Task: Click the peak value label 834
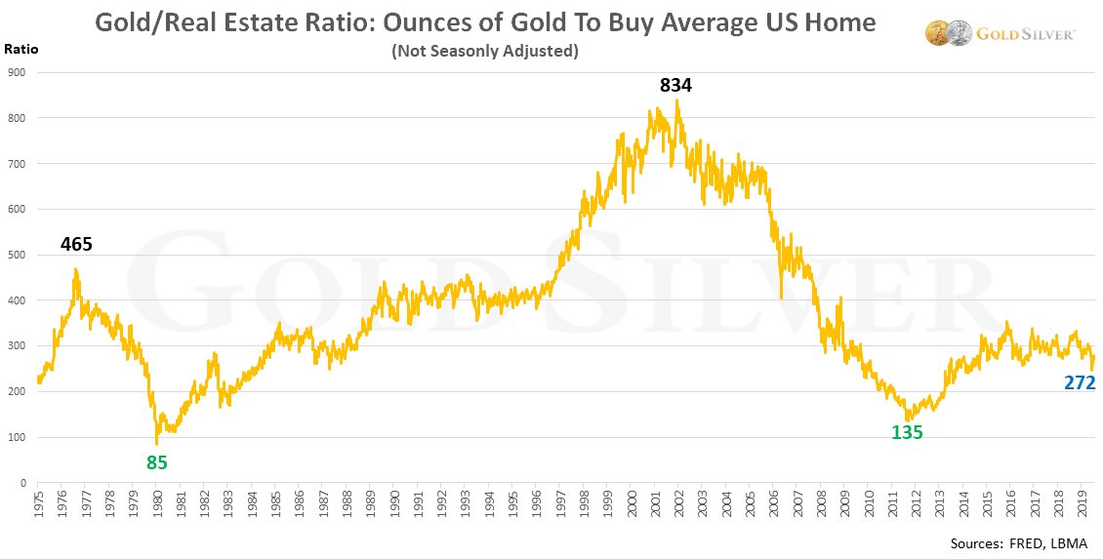675,86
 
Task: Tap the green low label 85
157,462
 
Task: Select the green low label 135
907,432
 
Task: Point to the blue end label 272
1080,383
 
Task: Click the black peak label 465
76,245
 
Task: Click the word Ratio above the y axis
20,48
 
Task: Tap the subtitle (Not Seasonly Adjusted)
484,51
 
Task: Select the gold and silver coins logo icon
943,33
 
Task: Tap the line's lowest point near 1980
157,444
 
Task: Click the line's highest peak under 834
676,101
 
